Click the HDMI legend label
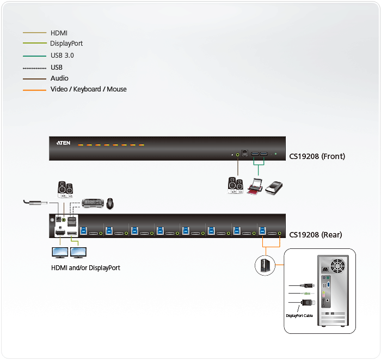point(59,33)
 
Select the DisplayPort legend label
point(66,44)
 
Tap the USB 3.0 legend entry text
point(62,56)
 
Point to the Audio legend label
point(59,78)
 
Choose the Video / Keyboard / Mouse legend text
point(89,89)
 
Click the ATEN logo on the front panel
point(64,144)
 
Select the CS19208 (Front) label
point(317,156)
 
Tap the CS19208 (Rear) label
point(316,235)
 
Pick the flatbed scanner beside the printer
point(275,186)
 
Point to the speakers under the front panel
point(236,185)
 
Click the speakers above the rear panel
point(65,189)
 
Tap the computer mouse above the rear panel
point(110,203)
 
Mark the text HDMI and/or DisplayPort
point(85,268)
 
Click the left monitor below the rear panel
point(59,253)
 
